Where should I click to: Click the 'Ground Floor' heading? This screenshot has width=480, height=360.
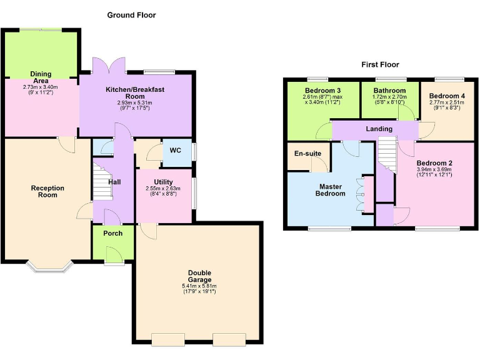point(131,15)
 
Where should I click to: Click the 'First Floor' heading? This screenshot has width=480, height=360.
point(380,64)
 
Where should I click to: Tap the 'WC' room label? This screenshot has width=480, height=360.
point(176,151)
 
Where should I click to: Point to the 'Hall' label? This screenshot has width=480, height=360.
point(114,182)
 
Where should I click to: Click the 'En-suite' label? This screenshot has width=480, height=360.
point(307,153)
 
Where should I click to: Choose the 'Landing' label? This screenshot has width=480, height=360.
point(379,129)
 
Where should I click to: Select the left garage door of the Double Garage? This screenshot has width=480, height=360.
point(167,340)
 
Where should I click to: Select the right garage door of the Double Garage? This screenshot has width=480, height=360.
point(229,340)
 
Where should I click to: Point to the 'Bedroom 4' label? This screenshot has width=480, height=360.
point(445,96)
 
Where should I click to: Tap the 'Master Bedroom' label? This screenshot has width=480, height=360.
point(332,190)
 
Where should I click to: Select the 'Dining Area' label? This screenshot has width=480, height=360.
point(41,77)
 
